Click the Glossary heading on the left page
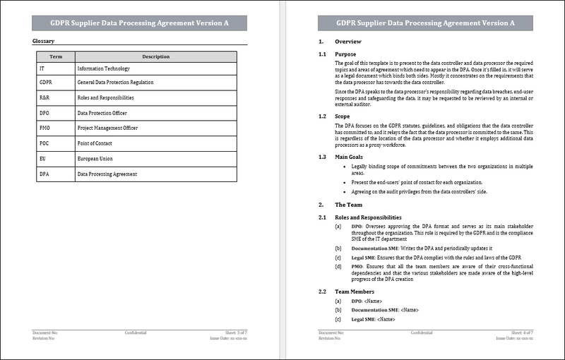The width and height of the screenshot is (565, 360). [44, 42]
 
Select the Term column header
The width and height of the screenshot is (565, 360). [55, 56]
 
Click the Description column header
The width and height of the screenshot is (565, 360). [156, 56]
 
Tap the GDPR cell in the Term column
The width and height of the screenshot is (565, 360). [47, 83]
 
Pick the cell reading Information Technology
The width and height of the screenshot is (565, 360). [104, 69]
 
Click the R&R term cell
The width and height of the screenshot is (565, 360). [44, 98]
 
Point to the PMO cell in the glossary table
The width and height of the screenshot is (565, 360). [45, 128]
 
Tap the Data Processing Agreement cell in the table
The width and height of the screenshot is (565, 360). [107, 174]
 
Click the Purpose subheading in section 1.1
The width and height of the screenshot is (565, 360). [345, 54]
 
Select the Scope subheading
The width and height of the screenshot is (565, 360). [343, 116]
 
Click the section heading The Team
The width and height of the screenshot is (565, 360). [348, 204]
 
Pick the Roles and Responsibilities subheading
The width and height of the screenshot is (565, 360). [368, 217]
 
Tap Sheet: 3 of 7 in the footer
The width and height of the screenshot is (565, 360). [237, 332]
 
